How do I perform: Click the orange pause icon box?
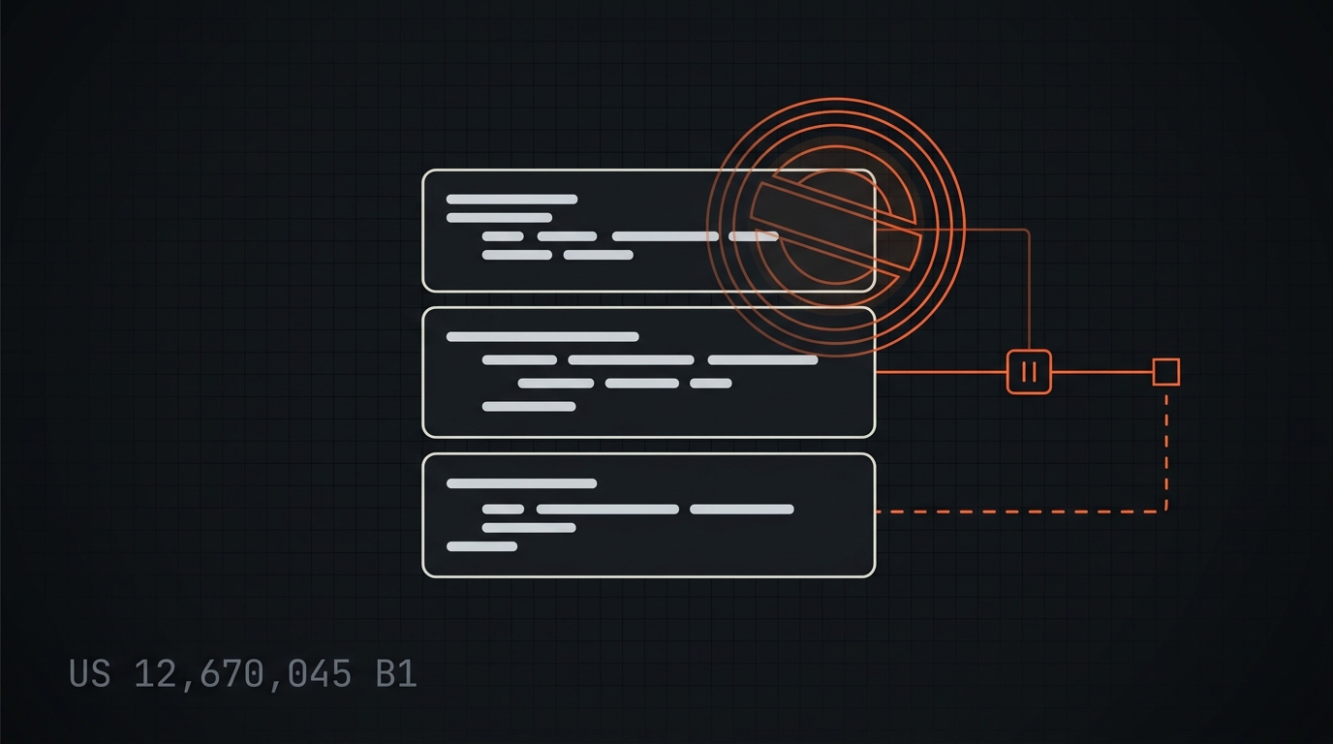point(1029,372)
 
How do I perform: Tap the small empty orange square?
point(1165,372)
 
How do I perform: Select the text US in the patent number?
point(90,674)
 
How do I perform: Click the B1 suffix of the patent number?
point(396,674)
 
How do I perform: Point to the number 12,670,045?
point(243,674)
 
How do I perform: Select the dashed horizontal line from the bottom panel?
point(1020,511)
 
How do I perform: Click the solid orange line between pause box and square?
point(1101,372)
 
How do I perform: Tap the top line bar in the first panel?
point(511,199)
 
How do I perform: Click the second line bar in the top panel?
point(499,217)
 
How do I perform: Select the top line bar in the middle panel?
point(542,337)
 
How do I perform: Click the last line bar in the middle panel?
point(529,407)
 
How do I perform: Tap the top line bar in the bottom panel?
point(521,483)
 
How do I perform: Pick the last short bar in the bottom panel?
point(482,546)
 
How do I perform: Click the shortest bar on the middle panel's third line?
point(711,384)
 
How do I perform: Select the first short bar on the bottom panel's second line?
point(504,509)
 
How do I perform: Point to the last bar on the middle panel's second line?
point(763,359)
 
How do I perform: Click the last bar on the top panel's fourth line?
point(598,255)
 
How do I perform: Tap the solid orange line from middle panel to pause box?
point(941,372)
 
